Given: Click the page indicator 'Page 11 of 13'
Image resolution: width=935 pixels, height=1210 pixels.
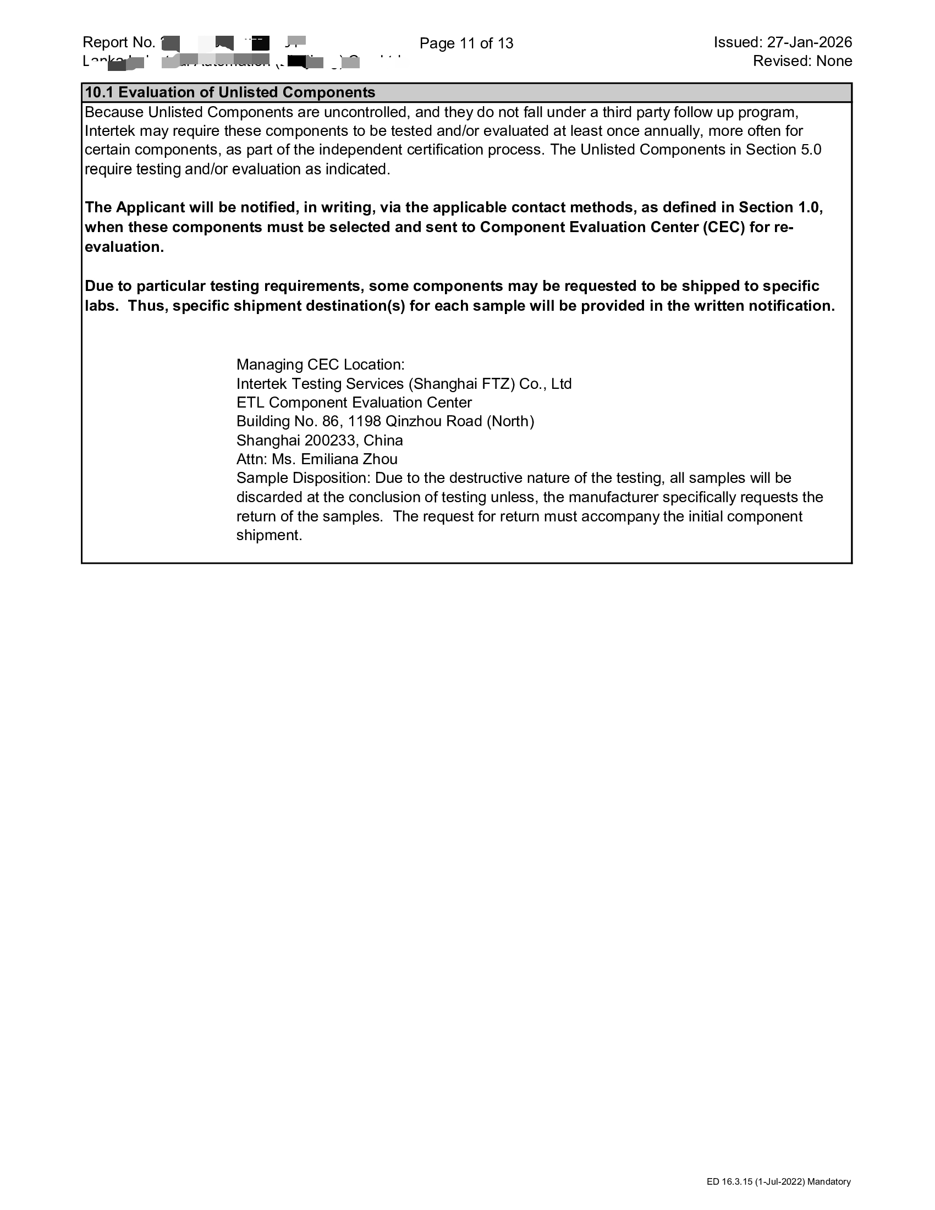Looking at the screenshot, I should (x=466, y=43).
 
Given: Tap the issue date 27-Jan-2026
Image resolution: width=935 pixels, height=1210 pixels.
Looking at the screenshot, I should (x=809, y=42).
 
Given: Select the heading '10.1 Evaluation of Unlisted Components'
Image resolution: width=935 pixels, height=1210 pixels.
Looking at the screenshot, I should (x=230, y=92).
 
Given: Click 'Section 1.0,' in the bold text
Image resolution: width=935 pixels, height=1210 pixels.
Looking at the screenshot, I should (x=780, y=207).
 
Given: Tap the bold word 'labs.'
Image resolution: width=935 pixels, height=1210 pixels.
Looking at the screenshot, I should (x=101, y=306).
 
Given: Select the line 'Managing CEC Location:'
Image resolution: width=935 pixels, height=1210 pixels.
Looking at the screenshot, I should (x=320, y=365).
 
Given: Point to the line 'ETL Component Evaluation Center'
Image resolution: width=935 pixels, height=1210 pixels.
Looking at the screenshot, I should (x=354, y=403).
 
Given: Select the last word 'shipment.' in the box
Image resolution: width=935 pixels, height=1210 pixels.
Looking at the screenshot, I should (x=269, y=535).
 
